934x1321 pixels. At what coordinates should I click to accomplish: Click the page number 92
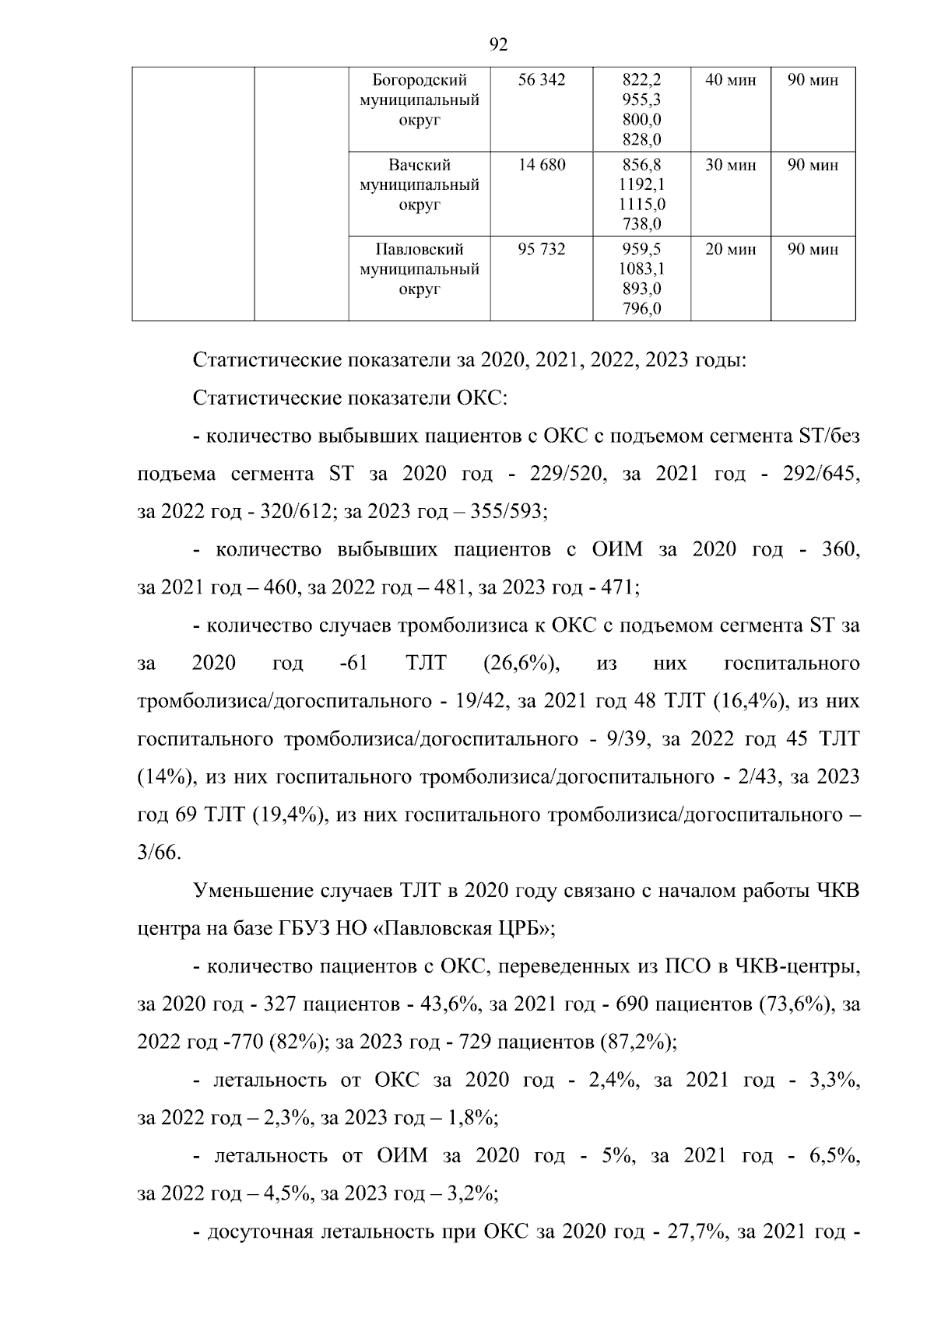click(x=499, y=45)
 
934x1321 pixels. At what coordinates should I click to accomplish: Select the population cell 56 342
click(x=542, y=80)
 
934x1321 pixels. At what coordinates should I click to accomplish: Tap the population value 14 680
click(x=542, y=165)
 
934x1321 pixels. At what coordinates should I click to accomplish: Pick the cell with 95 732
click(x=542, y=250)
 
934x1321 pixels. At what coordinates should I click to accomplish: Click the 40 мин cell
click(x=730, y=80)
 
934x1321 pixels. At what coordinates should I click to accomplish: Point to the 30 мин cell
click(x=730, y=165)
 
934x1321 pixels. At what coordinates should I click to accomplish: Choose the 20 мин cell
click(x=730, y=250)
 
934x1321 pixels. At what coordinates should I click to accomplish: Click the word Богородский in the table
click(x=420, y=80)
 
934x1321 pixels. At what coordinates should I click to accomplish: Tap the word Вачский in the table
click(x=420, y=165)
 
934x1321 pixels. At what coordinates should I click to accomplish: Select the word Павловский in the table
click(x=420, y=250)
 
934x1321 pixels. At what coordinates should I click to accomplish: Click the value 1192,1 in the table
click(x=642, y=185)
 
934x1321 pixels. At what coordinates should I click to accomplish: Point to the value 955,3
click(x=642, y=100)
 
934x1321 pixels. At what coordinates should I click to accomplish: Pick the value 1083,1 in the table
click(x=642, y=270)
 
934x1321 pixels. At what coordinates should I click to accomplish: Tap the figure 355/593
click(x=508, y=512)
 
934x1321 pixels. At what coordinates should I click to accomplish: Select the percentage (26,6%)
click(x=517, y=664)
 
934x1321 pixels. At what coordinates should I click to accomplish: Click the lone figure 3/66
click(x=159, y=853)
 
